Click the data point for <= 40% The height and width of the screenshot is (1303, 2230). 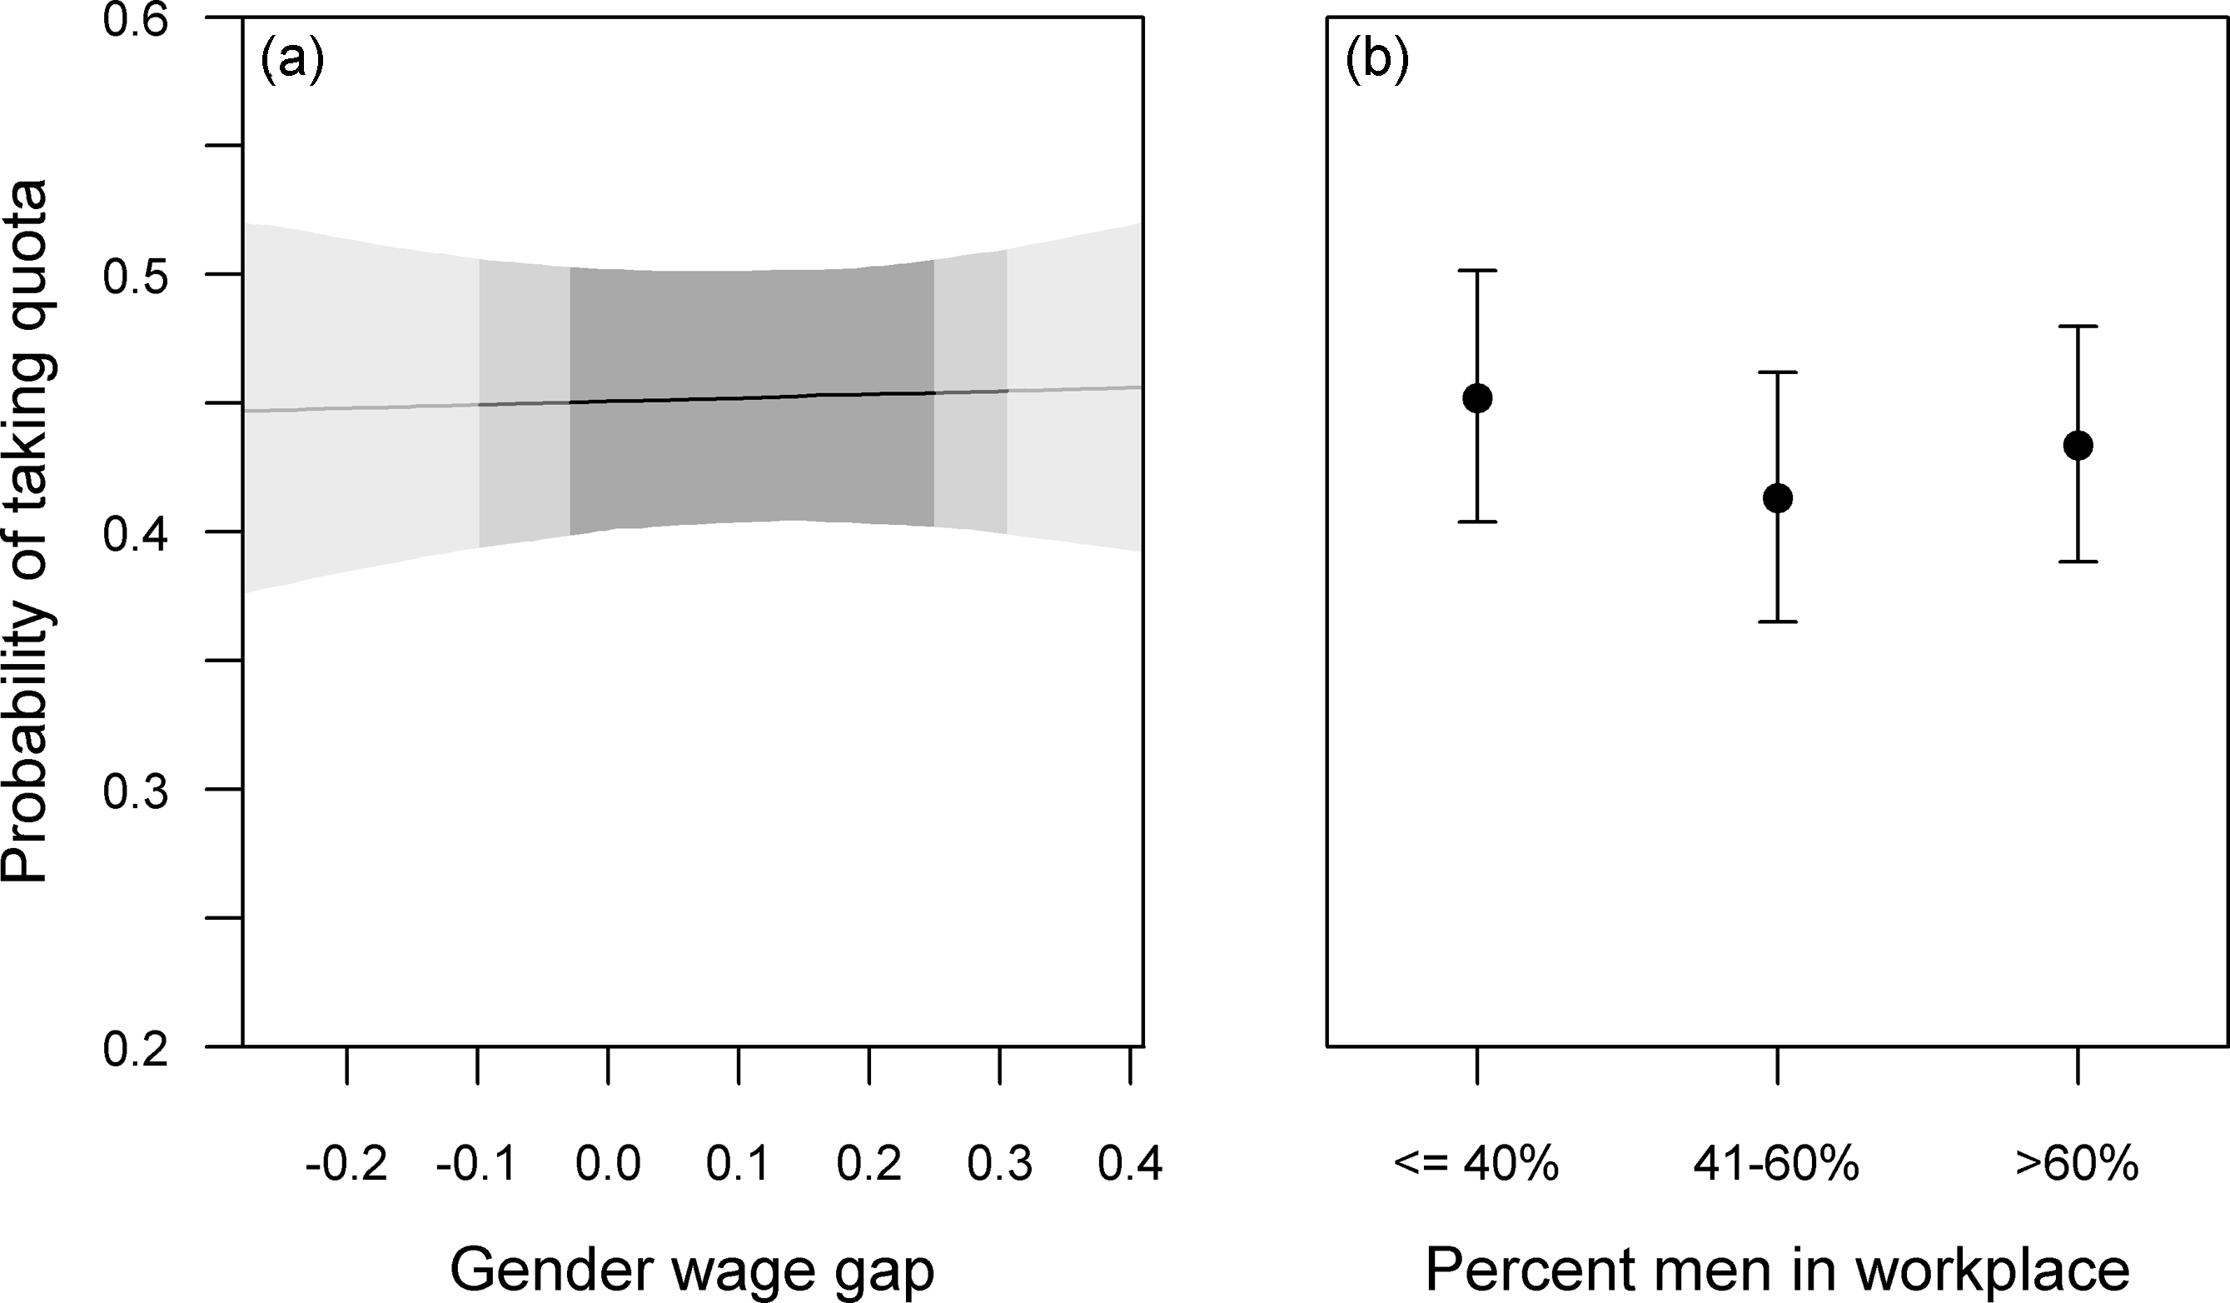pos(1477,398)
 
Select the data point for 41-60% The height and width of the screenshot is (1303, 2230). pos(1777,498)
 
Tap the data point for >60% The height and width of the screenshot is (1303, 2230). pos(2078,445)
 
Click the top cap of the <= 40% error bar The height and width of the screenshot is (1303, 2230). pos(1477,270)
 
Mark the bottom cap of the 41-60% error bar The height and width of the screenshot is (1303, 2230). pos(1777,622)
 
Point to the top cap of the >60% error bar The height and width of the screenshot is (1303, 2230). pos(2078,327)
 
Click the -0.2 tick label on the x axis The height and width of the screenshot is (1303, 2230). pos(346,1163)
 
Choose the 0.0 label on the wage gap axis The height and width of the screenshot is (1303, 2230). pos(608,1163)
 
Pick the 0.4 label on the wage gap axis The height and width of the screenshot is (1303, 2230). pos(1130,1163)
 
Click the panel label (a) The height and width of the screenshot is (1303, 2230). pos(292,63)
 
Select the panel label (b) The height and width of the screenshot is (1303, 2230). pos(1376,63)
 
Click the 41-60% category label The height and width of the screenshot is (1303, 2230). pos(1776,1163)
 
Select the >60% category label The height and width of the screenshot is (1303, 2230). pos(2077,1163)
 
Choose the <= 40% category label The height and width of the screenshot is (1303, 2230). pos(1476,1163)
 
